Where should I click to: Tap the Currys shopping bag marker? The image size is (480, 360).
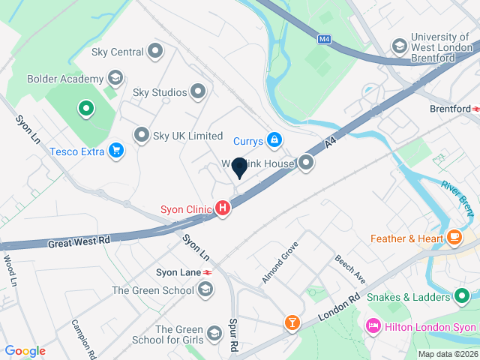pos(275,140)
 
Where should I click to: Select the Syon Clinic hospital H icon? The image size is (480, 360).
pos(223,209)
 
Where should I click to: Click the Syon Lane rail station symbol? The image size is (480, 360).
pos(206,271)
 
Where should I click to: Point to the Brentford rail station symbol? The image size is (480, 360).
pos(475,109)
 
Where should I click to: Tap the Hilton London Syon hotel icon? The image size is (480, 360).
pos(373,327)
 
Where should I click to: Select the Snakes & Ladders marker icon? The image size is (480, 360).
pos(463,297)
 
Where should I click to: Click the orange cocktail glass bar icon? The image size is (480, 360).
pos(291,323)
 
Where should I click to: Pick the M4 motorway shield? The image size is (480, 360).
pos(324,39)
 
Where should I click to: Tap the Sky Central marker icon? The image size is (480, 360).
pos(156,52)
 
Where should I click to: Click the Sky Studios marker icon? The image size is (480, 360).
pos(199,92)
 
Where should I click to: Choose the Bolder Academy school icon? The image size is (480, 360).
pos(115,78)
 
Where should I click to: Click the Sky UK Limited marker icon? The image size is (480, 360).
pos(142,136)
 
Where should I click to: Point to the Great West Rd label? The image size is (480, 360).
pos(79,242)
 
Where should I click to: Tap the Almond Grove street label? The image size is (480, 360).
pos(280,262)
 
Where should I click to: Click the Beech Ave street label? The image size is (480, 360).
pos(350,268)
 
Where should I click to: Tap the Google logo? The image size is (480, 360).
pos(25,351)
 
